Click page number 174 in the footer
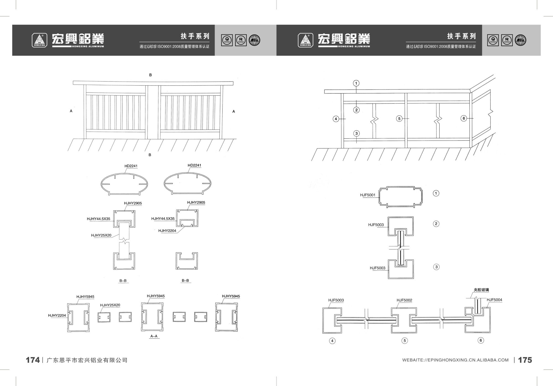[33, 360]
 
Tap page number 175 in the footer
[525, 360]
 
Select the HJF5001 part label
[367, 195]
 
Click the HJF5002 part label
[404, 300]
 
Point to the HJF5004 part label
[494, 300]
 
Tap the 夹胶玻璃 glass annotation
[481, 290]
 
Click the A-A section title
[154, 336]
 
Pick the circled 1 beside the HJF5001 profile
[436, 193]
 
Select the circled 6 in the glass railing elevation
[464, 119]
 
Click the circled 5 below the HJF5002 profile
[405, 341]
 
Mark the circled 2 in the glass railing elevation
[356, 110]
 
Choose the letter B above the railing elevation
[150, 75]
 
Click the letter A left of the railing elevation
[71, 111]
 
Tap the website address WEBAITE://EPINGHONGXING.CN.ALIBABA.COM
[455, 360]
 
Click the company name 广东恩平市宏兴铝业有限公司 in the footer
[87, 360]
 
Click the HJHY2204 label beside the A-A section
[57, 316]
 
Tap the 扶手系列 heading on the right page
[461, 36]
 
